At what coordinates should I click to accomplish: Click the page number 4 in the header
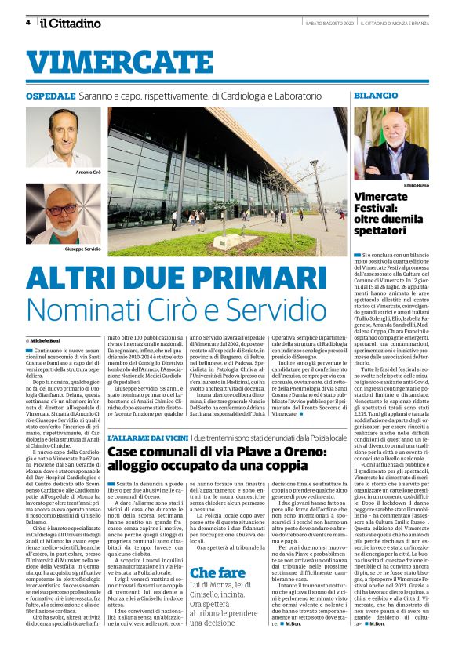click(x=27, y=23)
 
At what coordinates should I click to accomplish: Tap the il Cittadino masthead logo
click(x=71, y=23)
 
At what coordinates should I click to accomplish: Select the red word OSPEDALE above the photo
click(x=50, y=95)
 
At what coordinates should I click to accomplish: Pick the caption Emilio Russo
click(x=420, y=185)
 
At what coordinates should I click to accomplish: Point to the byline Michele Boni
click(x=48, y=342)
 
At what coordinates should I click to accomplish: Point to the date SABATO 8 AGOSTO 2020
click(x=329, y=24)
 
